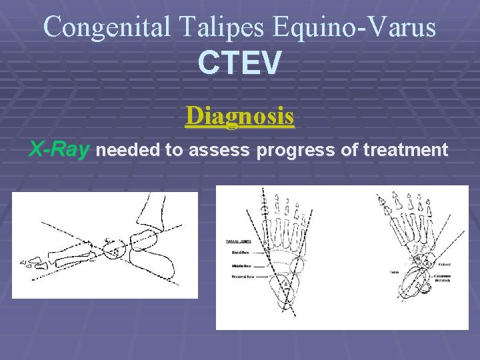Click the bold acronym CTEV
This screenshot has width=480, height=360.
pos(240,63)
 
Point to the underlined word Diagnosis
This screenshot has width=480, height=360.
pos(240,115)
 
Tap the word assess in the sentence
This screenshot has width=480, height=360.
pos(216,151)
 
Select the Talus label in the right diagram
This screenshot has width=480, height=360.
pos(395,272)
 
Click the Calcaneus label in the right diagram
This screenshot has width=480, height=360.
pos(443,277)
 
